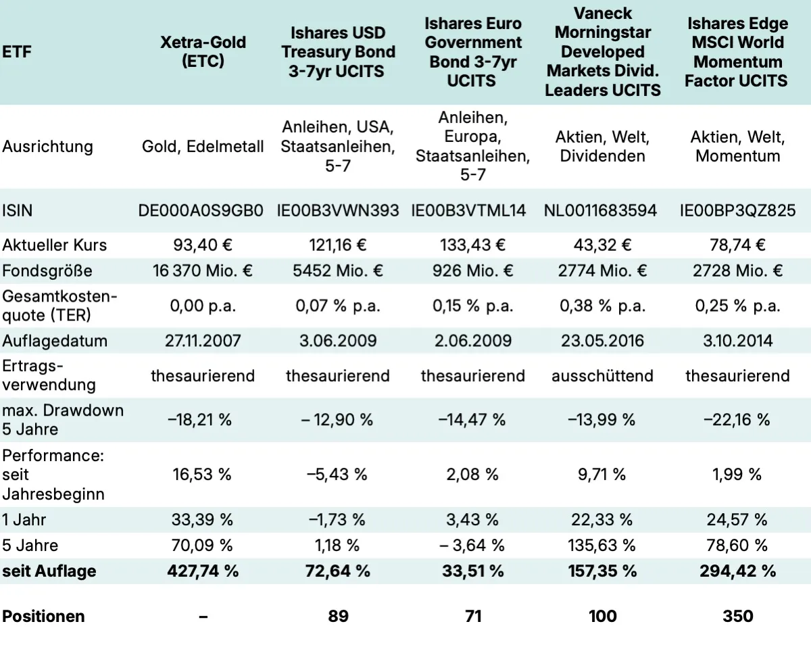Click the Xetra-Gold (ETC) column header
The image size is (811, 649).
pos(202,51)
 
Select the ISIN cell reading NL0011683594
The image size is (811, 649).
pos(600,210)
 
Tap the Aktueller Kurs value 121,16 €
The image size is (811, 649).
pos(337,245)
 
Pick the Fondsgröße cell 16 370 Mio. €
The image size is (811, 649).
pos(202,271)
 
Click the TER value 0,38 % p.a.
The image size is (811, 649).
pos(602,306)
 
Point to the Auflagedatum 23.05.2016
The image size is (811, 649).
pos(602,340)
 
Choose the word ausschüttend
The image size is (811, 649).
pos(602,375)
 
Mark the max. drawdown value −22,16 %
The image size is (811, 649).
pos(737,420)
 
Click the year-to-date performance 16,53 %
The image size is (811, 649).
pos(202,474)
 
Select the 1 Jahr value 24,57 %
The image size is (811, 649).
pos(737,520)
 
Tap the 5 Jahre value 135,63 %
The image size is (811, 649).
pos(602,545)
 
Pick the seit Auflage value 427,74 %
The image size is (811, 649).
pos(202,571)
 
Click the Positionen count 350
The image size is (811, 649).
pos(737,616)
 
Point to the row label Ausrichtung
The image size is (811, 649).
pos(47,147)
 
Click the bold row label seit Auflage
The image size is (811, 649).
pos(49,571)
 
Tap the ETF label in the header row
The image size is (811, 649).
pos(17,51)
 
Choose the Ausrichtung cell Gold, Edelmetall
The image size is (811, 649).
pos(203,147)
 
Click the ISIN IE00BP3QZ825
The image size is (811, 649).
pos(737,210)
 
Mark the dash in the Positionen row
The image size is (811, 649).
pos(203,616)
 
